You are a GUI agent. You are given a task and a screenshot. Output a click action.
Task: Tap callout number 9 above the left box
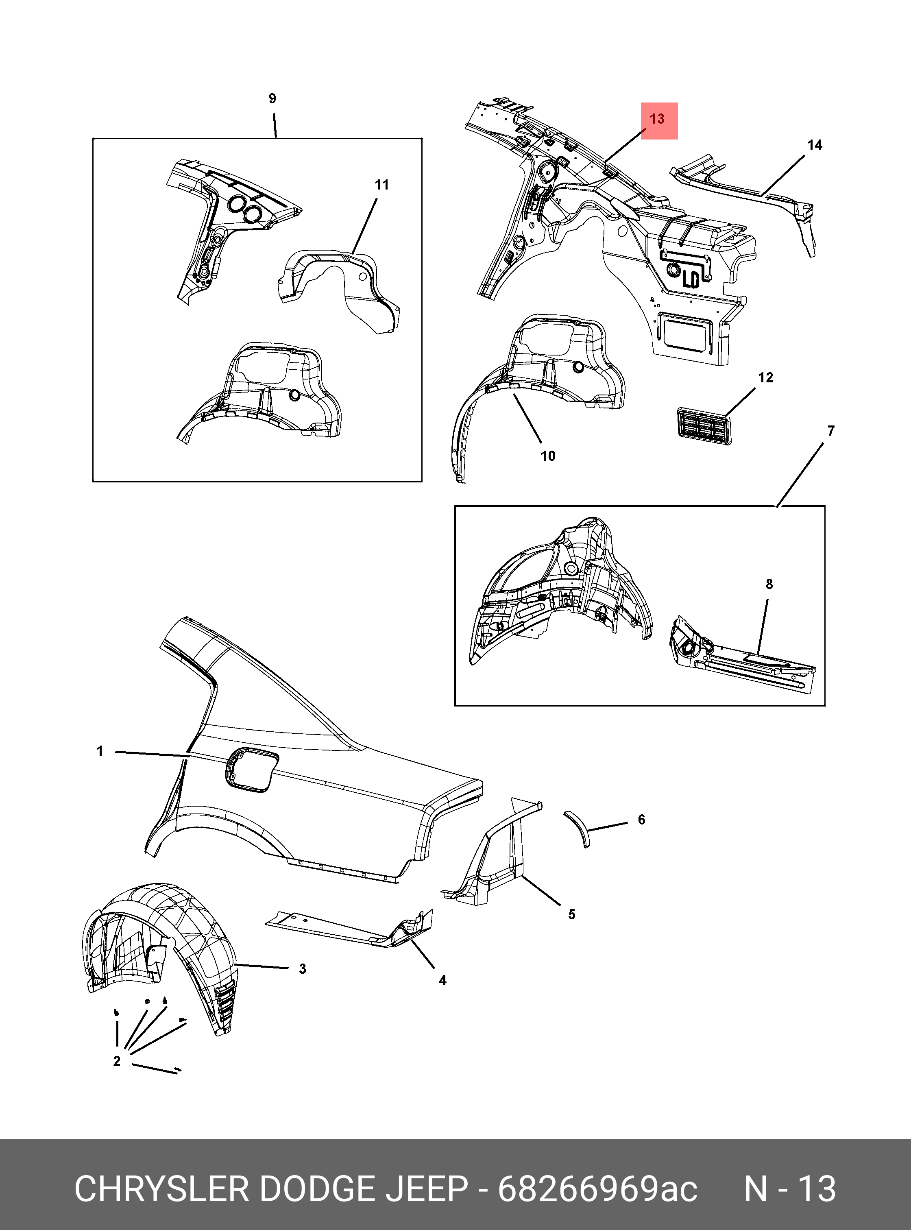[x=272, y=99]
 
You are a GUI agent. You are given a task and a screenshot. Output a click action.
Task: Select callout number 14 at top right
[x=815, y=145]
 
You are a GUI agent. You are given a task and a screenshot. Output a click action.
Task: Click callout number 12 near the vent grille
[x=765, y=378]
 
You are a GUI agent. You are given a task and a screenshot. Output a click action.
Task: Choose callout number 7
[x=831, y=431]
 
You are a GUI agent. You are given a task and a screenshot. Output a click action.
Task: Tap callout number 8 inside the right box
[x=769, y=584]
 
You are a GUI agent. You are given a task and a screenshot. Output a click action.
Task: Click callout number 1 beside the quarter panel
[x=100, y=751]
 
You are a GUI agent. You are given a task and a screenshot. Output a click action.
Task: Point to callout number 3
[x=302, y=969]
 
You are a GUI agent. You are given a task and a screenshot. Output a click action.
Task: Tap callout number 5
[x=572, y=914]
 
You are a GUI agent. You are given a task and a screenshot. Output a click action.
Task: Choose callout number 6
[x=641, y=820]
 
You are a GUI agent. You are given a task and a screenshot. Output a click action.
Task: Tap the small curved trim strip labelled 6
[x=578, y=827]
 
